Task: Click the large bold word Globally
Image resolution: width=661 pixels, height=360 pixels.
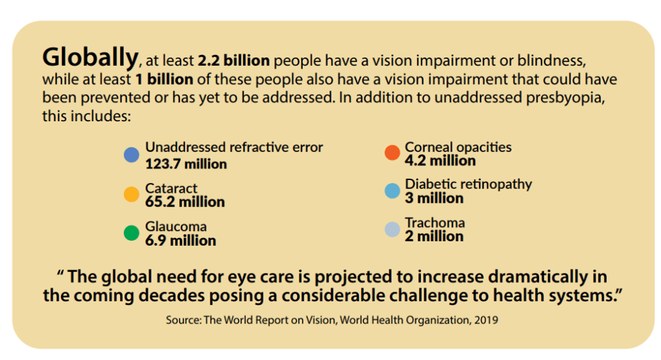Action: point(90,58)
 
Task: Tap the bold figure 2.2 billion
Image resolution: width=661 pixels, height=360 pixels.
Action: point(234,62)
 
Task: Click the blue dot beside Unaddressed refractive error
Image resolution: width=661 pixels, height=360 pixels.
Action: point(132,155)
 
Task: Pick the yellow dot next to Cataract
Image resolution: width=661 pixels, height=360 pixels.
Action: point(132,194)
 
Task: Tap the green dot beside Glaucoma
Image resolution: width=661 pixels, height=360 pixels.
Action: point(132,233)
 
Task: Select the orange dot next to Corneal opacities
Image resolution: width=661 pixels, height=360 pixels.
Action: point(392,152)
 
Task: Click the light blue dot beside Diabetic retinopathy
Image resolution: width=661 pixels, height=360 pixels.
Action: point(392,191)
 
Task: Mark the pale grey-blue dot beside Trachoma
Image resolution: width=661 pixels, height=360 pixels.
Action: point(392,230)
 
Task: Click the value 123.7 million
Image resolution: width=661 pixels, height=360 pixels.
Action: point(186,164)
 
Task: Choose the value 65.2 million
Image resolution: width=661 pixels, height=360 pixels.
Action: point(185,202)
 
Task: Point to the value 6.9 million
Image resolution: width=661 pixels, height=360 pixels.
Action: point(180,241)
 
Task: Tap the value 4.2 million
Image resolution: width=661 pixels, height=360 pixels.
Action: point(440,161)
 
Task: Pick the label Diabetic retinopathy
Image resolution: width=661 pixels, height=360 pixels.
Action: point(468,184)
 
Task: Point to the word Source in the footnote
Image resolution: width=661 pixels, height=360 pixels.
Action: point(183,319)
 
